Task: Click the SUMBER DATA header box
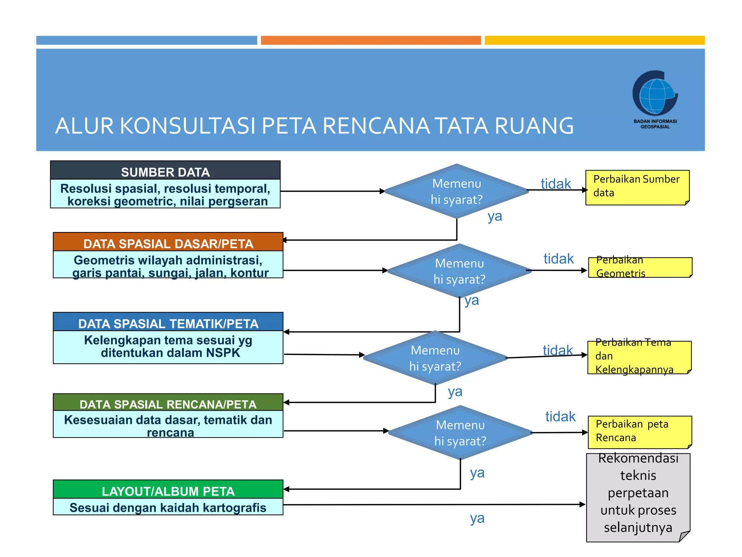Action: [x=165, y=171]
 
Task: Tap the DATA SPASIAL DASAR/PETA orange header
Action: [x=168, y=243]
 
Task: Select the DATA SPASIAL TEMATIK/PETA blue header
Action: [x=168, y=322]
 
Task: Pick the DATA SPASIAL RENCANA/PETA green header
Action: [x=168, y=403]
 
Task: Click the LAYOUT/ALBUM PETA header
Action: [x=168, y=490]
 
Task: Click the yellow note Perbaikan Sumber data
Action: [x=637, y=187]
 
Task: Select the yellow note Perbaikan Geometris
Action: [x=640, y=267]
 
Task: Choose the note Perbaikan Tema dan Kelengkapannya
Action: [x=639, y=357]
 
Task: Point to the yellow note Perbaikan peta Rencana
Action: [x=639, y=432]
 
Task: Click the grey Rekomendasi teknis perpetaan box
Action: [x=638, y=497]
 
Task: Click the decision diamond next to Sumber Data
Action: [x=457, y=191]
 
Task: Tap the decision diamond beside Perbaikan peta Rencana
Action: [x=460, y=433]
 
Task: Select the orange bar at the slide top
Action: [x=371, y=40]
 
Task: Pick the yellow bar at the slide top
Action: [x=595, y=40]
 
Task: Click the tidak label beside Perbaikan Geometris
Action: [x=558, y=259]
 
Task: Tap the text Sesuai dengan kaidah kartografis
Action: [x=168, y=507]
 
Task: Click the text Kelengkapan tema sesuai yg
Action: [x=168, y=340]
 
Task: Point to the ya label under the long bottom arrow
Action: [x=477, y=519]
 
